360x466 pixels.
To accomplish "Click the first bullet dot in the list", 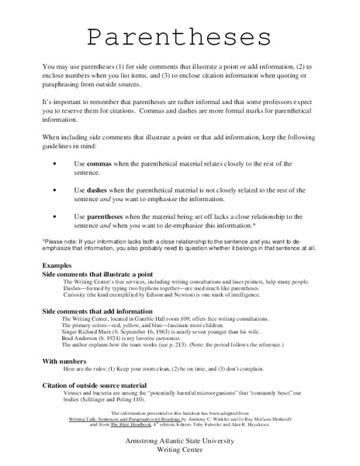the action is click(54, 164).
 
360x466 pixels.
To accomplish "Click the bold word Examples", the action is click(57, 266).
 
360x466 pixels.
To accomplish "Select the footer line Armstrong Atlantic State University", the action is click(178, 441).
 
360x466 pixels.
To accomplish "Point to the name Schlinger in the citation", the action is click(106, 402).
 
